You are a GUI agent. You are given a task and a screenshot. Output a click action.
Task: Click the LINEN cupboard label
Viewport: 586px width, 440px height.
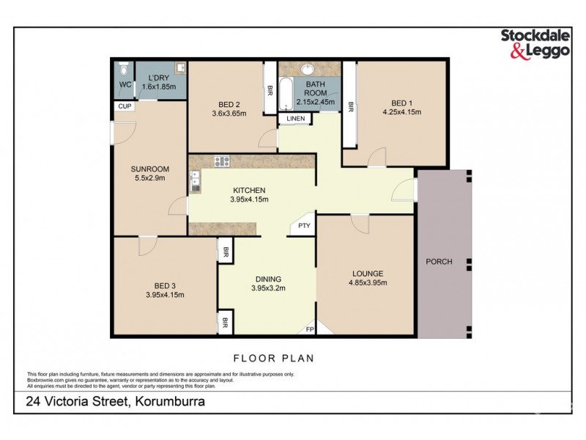(x=295, y=118)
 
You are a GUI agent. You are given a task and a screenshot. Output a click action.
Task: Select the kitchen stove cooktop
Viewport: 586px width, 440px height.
(x=222, y=162)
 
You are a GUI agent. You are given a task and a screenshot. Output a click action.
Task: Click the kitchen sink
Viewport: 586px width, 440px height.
(x=195, y=180)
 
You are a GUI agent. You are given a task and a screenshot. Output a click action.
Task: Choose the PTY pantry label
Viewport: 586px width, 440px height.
(x=304, y=227)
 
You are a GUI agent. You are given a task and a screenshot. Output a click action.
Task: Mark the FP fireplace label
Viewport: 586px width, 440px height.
(x=310, y=329)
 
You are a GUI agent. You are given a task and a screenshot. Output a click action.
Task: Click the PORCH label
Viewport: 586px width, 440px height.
(x=439, y=262)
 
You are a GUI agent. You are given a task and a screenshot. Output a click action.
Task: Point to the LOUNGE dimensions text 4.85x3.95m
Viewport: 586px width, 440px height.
(x=367, y=283)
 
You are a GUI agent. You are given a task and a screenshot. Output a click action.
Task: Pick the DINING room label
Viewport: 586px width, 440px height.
(x=268, y=279)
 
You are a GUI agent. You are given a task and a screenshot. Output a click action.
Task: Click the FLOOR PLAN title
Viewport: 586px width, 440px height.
(x=273, y=359)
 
